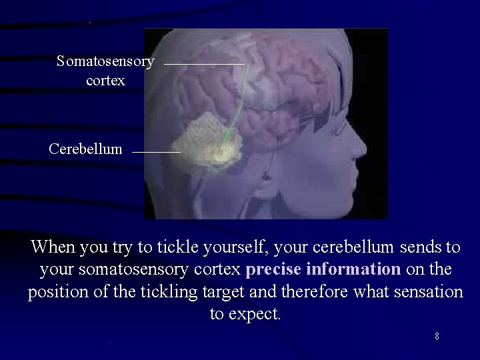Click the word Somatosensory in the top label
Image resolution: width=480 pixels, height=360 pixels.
[x=105, y=62]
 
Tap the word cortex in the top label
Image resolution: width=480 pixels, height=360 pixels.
[x=105, y=81]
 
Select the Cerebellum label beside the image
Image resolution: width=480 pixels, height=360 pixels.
[x=85, y=149]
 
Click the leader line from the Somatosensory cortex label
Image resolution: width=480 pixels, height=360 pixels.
[x=203, y=63]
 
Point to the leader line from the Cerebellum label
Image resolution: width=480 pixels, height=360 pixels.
[x=156, y=153]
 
